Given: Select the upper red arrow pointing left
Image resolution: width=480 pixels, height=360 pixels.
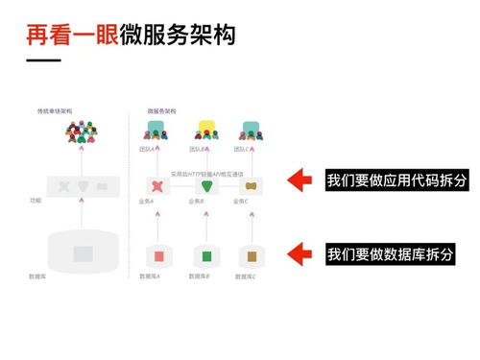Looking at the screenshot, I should pyautogui.click(x=301, y=179).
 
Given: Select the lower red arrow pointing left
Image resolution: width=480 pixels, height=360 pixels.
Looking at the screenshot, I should pyautogui.click(x=301, y=253).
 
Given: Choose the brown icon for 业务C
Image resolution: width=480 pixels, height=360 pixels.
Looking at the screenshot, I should pyautogui.click(x=251, y=184).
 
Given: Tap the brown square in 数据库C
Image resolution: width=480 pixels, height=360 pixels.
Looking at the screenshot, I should pyautogui.click(x=251, y=256).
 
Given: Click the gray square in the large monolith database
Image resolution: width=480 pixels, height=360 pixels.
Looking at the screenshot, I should pyautogui.click(x=83, y=253).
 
